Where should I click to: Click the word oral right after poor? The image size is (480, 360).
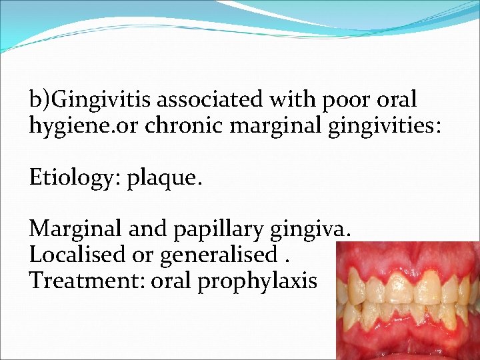tap(397, 100)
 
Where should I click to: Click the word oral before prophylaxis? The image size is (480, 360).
tap(173, 280)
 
